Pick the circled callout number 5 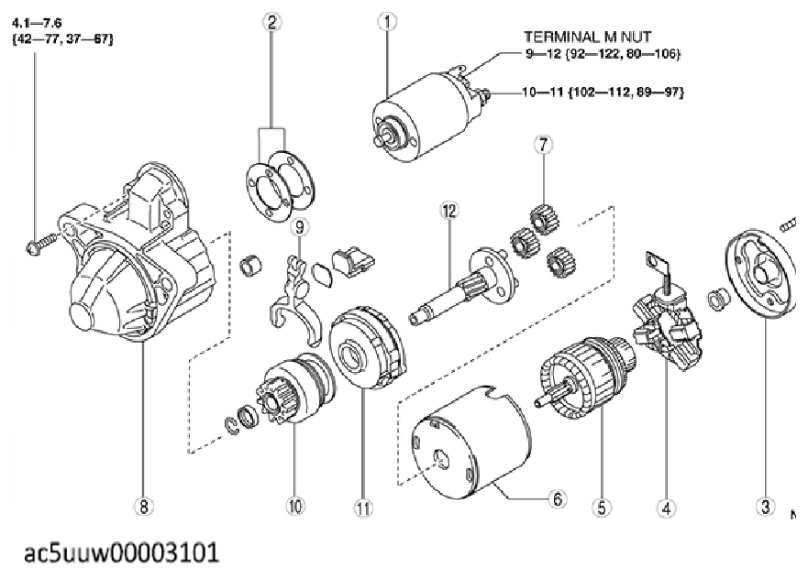603,506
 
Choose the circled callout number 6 559,499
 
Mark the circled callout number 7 542,145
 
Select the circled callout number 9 300,225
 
